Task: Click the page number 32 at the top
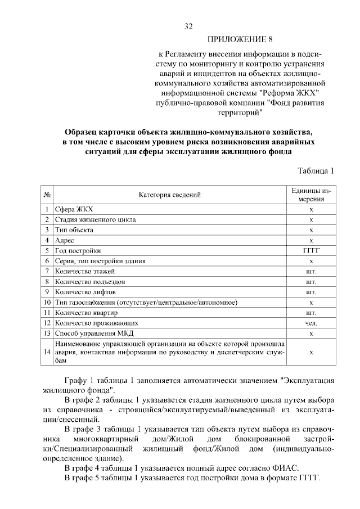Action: click(x=189, y=26)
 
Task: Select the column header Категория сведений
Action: click(x=170, y=195)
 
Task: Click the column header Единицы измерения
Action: click(x=311, y=195)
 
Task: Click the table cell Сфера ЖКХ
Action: click(x=74, y=209)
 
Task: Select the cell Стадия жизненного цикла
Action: click(x=95, y=219)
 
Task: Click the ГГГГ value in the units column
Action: click(x=311, y=251)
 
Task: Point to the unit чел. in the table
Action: click(x=311, y=323)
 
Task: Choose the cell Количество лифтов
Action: click(x=85, y=292)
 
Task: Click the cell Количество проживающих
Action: click(x=96, y=323)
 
